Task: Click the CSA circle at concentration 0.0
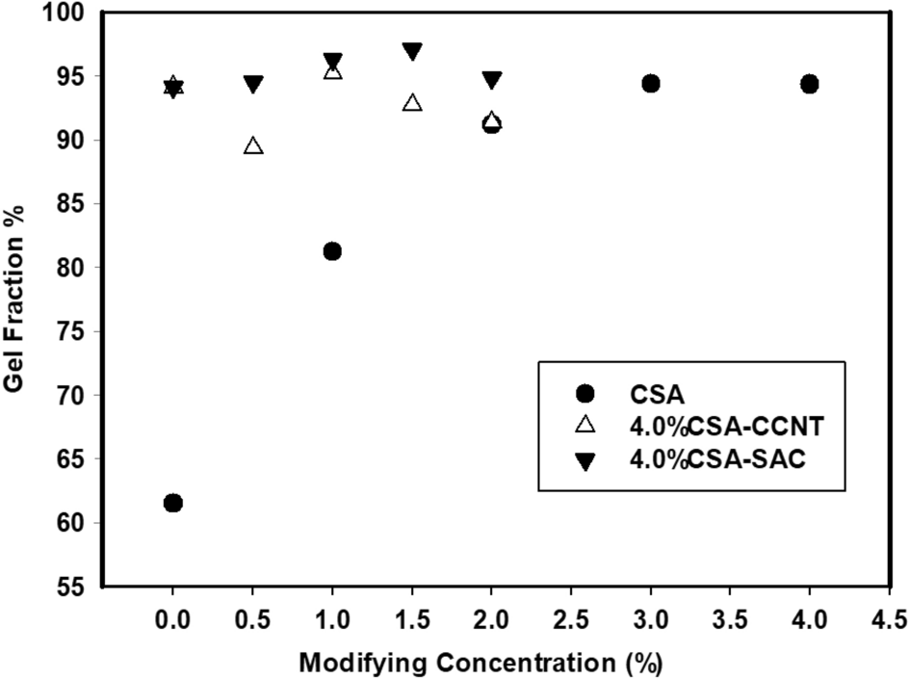(173, 503)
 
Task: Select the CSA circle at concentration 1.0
(332, 251)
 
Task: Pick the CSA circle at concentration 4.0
(809, 84)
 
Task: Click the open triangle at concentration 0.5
(253, 146)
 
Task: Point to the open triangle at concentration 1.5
(412, 103)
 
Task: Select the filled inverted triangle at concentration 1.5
(412, 51)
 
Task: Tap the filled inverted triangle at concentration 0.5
(253, 85)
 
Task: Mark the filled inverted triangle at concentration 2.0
(491, 79)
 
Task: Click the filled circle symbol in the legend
(584, 392)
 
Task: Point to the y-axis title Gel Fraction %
(17, 298)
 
